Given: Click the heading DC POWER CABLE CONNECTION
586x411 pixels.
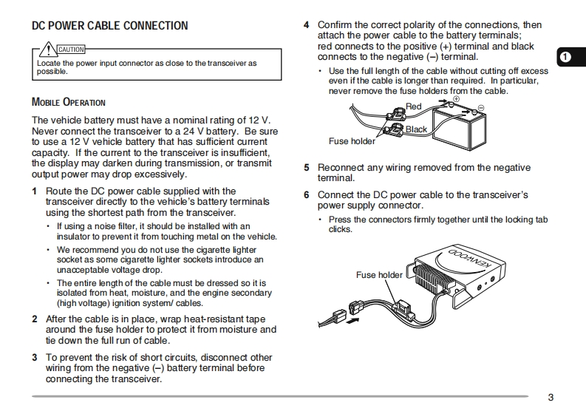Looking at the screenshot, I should point(109,26).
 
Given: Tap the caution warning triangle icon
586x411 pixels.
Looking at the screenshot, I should point(48,50).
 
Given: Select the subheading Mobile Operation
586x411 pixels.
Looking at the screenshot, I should point(68,102).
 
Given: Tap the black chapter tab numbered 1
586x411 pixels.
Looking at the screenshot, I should point(567,56).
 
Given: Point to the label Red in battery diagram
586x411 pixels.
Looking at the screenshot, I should point(414,106).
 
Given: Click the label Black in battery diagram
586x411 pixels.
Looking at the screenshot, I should point(416,129).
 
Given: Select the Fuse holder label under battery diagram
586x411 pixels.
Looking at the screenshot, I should point(352,140).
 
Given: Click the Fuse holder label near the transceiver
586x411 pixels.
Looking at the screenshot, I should point(379,275).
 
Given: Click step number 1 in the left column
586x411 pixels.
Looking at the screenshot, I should point(34,191).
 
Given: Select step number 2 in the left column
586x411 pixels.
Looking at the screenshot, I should point(34,319).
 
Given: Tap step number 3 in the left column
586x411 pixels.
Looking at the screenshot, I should point(34,357).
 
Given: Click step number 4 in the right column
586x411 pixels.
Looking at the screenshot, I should point(307,25).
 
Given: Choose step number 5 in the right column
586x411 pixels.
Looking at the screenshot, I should point(307,168).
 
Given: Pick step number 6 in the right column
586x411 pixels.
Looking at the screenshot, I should point(307,195).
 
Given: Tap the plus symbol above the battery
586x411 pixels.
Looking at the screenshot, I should point(456,98).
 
